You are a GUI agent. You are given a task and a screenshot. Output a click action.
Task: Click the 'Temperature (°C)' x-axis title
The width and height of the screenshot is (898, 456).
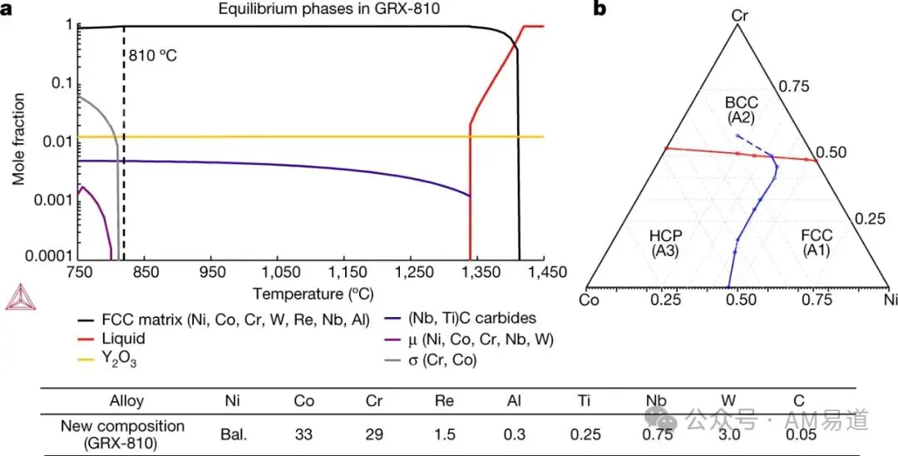(x=313, y=295)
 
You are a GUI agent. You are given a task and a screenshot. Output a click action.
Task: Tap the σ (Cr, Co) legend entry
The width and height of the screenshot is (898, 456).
(x=426, y=361)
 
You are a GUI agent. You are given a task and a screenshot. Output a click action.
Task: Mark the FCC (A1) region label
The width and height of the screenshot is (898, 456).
(x=817, y=243)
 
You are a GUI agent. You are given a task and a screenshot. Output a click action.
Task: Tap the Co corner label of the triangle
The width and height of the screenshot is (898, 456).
(x=590, y=300)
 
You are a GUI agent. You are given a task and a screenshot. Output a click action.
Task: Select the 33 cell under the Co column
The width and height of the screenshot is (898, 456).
(x=304, y=435)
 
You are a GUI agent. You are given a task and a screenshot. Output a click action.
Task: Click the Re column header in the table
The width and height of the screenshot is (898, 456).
(x=445, y=401)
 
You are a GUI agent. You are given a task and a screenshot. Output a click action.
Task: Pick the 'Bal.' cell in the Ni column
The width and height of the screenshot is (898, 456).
(x=233, y=435)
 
